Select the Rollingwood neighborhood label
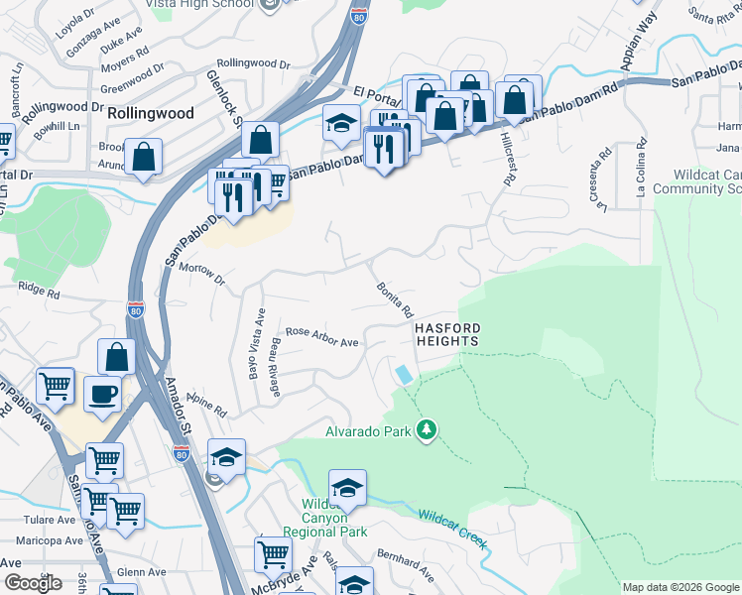pos(151,113)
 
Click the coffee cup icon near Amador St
pos(101,394)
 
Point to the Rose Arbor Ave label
pos(321,336)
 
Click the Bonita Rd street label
pos(393,298)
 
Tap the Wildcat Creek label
pos(451,529)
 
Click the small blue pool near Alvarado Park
pos(403,375)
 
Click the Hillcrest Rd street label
pos(509,160)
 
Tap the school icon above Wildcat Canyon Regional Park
pos(347,488)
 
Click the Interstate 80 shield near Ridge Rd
pos(136,309)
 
